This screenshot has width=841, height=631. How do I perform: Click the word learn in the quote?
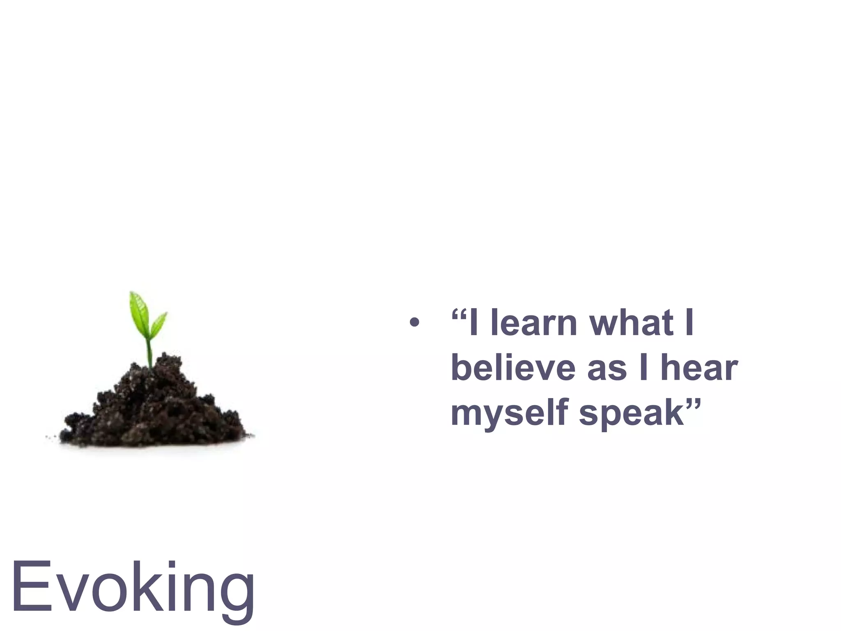click(534, 323)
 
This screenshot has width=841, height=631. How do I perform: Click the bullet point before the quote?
click(415, 322)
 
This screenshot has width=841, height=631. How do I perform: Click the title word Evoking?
click(133, 587)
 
